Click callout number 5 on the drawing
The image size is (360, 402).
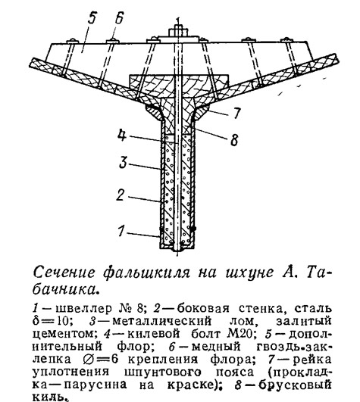point(91,18)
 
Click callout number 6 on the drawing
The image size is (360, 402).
point(118,18)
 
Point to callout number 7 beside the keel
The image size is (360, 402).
point(236,113)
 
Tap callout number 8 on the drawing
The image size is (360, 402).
point(234,140)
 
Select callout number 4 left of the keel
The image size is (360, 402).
point(122,135)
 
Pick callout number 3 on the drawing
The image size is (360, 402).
point(124,162)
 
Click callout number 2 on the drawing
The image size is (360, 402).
point(121,195)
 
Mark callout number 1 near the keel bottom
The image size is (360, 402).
point(121,230)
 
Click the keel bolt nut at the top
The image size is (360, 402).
point(178,31)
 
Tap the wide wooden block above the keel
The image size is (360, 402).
point(179,84)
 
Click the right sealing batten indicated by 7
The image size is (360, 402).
point(202,113)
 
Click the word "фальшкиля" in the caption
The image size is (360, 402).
point(146,273)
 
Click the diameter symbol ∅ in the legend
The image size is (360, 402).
point(89,360)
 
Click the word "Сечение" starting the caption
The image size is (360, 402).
point(64,273)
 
